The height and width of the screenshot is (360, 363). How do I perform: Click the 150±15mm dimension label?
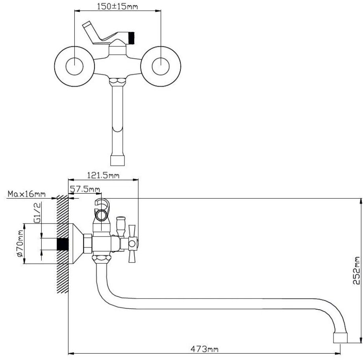117,6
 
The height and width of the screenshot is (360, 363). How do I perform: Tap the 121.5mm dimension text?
103,175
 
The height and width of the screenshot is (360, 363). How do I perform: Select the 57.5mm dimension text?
85,189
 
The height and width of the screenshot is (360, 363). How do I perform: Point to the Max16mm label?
27,194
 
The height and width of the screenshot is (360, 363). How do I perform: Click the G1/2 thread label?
37,212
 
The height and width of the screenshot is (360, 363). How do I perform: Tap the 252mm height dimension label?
357,270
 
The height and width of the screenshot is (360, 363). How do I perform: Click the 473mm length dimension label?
204,349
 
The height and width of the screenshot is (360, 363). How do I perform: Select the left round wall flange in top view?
74,66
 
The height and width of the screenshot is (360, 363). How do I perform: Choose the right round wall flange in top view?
161,66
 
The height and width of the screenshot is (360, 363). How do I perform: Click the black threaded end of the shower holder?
131,38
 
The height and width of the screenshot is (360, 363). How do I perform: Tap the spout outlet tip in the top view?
117,161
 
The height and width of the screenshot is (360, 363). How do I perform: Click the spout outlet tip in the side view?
340,338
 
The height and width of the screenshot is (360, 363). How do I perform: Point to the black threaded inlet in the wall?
63,244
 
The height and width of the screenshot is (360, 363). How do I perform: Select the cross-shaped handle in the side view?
132,244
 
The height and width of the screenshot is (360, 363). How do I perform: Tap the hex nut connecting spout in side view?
102,259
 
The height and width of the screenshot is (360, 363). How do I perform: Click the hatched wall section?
63,244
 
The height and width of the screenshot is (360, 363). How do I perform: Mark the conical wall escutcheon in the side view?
76,244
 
